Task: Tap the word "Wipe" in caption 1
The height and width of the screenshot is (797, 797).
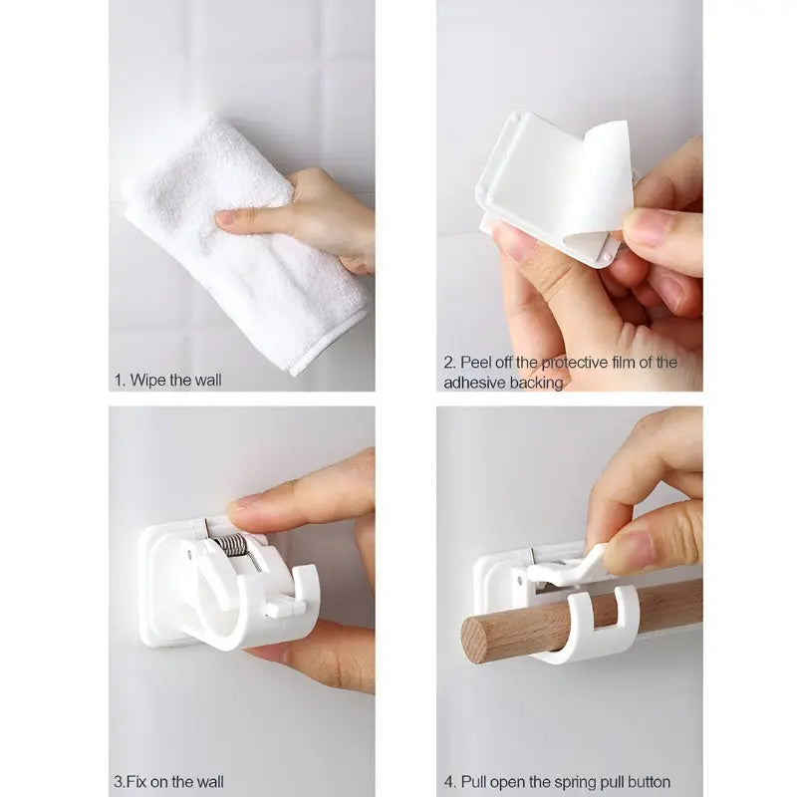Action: [151, 380]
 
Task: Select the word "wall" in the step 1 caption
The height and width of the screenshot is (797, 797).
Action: [205, 380]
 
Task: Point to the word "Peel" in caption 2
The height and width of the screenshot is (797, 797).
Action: [477, 363]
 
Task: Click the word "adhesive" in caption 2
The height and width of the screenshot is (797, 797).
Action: [474, 383]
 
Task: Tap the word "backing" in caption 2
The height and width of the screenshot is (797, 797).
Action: [537, 383]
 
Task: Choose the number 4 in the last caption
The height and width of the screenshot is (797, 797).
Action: [448, 781]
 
